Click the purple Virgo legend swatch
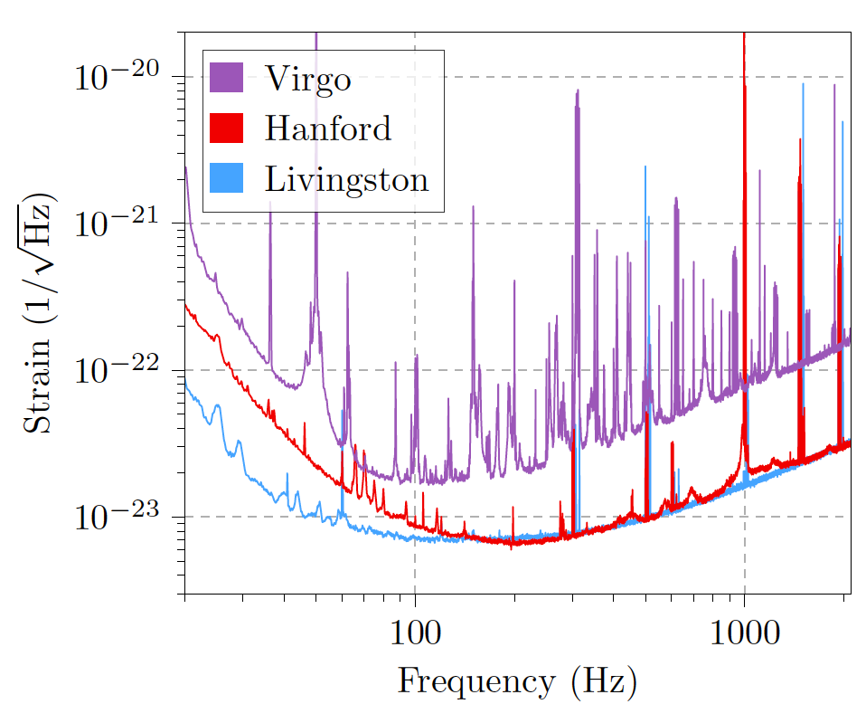(227, 78)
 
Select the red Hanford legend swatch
(227, 128)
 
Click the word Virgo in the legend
(307, 80)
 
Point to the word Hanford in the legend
(327, 128)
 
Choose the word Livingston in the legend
(346, 179)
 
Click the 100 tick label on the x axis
(415, 630)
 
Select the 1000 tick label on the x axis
(744, 630)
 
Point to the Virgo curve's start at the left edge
(186, 170)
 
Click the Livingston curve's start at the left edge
(186, 385)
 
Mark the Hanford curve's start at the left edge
(186, 306)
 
